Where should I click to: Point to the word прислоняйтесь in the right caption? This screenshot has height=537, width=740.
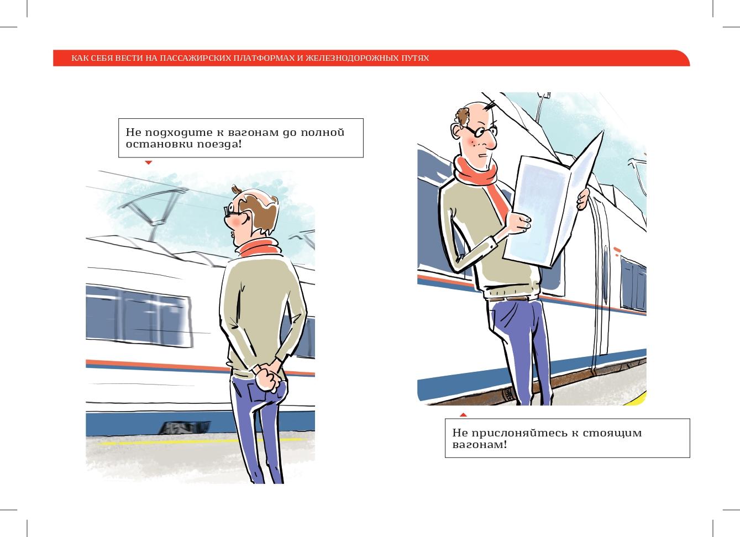[x=520, y=433]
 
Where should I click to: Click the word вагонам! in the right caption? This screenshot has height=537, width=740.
[x=479, y=445]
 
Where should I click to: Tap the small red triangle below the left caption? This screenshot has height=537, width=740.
[x=148, y=162]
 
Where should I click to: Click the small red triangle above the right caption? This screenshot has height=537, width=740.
[x=463, y=414]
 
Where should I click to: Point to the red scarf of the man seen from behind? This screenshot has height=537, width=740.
[x=260, y=248]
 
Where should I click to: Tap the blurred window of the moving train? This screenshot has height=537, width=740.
[x=138, y=316]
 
